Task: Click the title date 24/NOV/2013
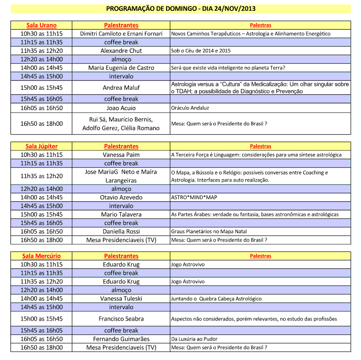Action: coord(231,9)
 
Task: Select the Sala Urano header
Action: coord(41,25)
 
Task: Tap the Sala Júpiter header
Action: coord(41,146)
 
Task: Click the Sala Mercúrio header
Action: coord(41,256)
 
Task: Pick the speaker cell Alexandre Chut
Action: coord(121,51)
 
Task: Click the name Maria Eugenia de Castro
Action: coord(121,68)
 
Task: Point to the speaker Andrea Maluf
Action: coord(121,88)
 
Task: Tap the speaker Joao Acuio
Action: coord(121,108)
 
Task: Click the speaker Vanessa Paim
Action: coord(121,155)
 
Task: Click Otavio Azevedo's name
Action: coord(121,197)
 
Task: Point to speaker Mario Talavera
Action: coord(121,215)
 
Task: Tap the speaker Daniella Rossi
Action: coord(121,231)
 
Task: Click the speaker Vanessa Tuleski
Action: coord(121,298)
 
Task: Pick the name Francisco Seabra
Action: coord(121,319)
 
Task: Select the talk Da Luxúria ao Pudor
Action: coord(194,339)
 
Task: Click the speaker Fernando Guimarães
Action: coord(121,339)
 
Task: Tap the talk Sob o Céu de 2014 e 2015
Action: coord(201,51)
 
